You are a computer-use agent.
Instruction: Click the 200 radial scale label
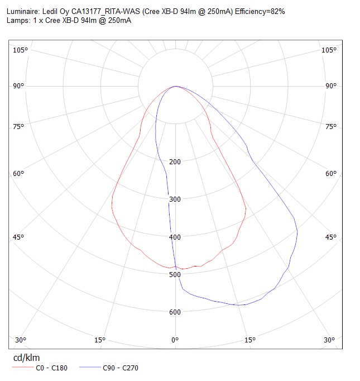(x=175, y=161)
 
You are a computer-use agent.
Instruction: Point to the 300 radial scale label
(x=175, y=199)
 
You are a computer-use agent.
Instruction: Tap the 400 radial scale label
(x=175, y=237)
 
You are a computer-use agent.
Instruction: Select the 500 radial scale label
(x=175, y=274)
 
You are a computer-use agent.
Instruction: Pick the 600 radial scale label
(x=175, y=312)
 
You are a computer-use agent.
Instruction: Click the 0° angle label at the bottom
(x=175, y=340)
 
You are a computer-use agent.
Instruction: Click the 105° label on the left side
(x=21, y=50)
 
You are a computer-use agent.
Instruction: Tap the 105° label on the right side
(x=329, y=50)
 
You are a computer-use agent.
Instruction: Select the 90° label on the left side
(x=18, y=86)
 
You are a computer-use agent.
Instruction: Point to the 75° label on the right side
(x=331, y=126)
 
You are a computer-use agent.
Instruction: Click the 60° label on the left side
(x=18, y=174)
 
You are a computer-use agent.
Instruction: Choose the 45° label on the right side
(x=331, y=237)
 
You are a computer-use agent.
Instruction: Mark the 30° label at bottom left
(x=21, y=340)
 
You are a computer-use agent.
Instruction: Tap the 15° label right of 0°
(x=250, y=340)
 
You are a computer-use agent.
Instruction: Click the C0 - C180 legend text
(x=51, y=368)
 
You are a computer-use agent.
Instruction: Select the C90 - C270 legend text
(x=121, y=368)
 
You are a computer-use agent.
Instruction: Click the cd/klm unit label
(x=26, y=358)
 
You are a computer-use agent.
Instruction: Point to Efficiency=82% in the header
(x=260, y=11)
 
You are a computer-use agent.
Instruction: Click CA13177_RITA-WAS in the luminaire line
(x=105, y=11)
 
